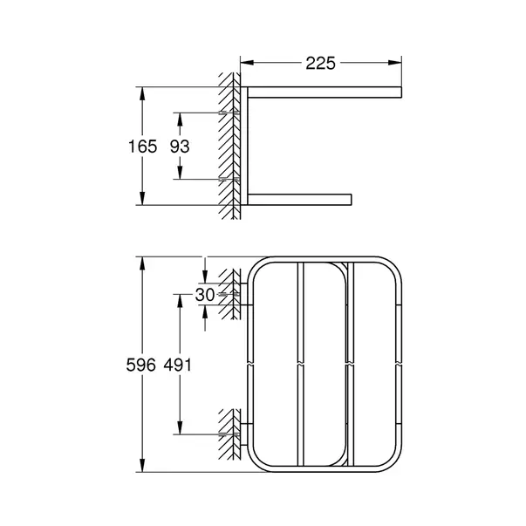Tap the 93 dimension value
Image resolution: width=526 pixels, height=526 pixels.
click(x=180, y=147)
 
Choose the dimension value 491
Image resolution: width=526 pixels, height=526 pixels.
click(x=180, y=365)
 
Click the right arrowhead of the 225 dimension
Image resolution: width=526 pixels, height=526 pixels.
click(x=398, y=63)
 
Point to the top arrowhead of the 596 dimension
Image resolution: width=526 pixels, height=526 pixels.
click(x=140, y=263)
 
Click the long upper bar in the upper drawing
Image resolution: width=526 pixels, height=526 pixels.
click(x=323, y=92)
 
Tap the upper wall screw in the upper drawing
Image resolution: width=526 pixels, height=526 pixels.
click(x=232, y=113)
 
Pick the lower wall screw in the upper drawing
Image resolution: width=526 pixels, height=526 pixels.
click(x=232, y=178)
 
